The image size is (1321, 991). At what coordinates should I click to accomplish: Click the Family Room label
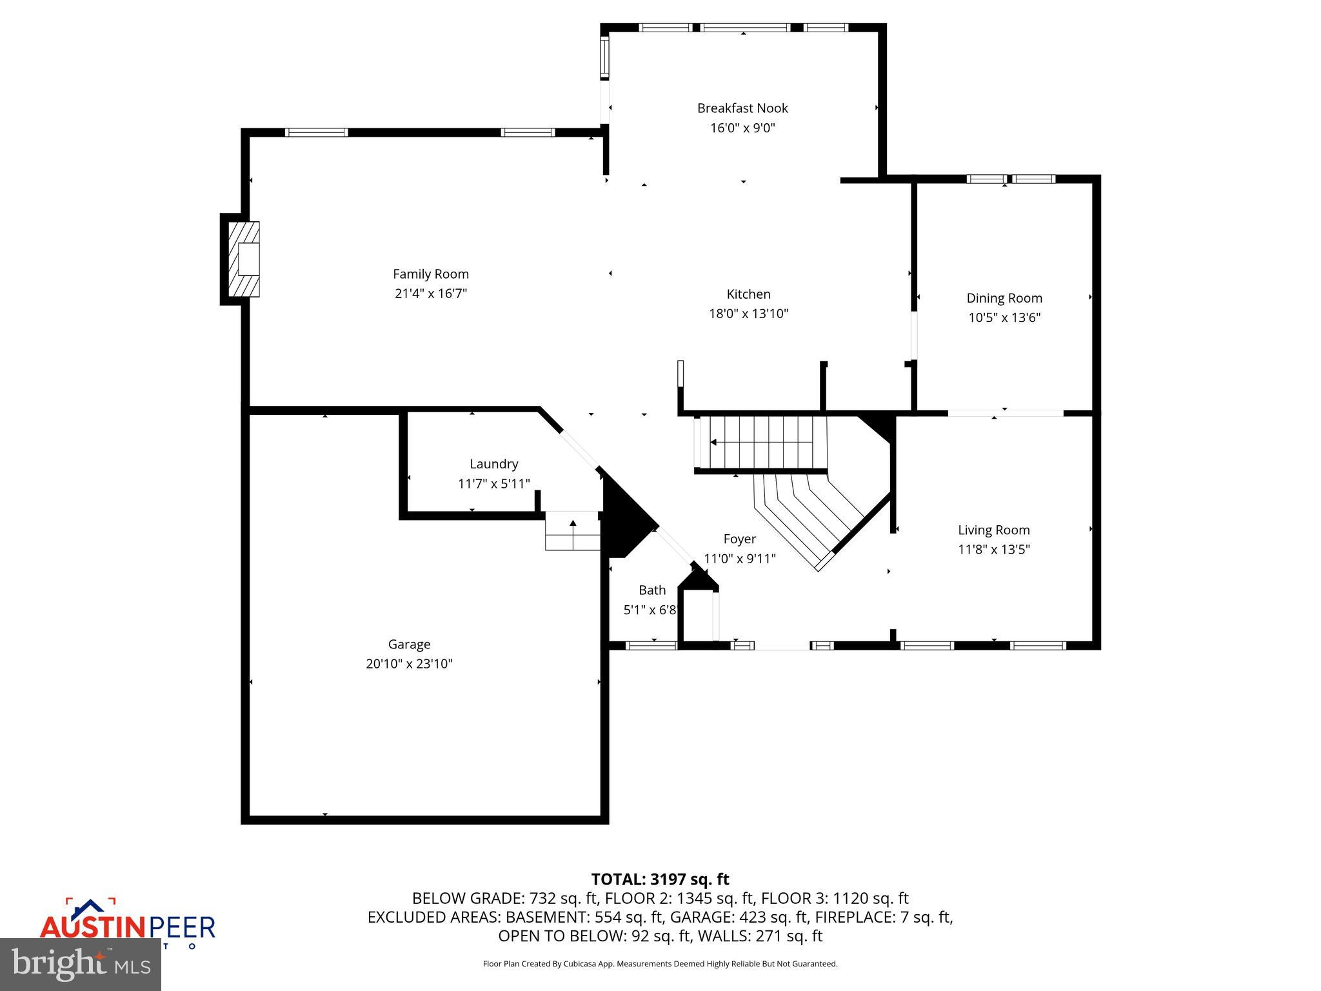click(430, 274)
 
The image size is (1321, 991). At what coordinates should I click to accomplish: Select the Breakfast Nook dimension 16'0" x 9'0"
click(742, 128)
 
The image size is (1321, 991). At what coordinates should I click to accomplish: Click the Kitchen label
click(748, 294)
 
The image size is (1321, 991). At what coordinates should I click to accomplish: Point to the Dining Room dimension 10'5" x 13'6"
click(1004, 317)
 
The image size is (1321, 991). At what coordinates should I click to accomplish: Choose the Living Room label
click(993, 530)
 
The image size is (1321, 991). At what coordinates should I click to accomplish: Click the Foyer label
click(739, 539)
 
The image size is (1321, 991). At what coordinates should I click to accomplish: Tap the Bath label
click(651, 590)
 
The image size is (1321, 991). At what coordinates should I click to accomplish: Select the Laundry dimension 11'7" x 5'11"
click(493, 483)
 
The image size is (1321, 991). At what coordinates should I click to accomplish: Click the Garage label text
click(409, 644)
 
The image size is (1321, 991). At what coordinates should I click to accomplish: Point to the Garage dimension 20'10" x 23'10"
click(409, 664)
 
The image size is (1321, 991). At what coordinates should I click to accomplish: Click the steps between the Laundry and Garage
click(573, 531)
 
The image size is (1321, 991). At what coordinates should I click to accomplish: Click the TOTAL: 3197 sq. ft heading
click(660, 879)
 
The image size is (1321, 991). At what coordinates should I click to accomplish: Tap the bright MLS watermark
click(80, 964)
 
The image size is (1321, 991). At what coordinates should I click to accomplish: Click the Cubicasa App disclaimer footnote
click(660, 964)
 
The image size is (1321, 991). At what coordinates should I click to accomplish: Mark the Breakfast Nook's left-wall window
click(604, 58)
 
